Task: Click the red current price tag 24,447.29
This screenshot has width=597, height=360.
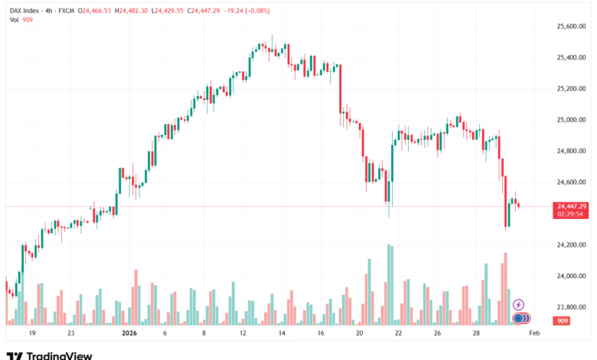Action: pyautogui.click(x=573, y=207)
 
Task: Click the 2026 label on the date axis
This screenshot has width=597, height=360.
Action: pyautogui.click(x=130, y=334)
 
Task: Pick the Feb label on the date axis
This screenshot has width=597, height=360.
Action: pyautogui.click(x=535, y=334)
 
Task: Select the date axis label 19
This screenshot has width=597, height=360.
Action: pyautogui.click(x=32, y=334)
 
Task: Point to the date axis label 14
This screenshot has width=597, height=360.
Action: pyautogui.click(x=282, y=334)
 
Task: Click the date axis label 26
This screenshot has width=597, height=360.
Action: pyautogui.click(x=437, y=334)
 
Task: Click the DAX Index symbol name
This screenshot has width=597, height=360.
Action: pyautogui.click(x=26, y=8)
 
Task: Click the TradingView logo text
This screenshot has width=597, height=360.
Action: pyautogui.click(x=60, y=355)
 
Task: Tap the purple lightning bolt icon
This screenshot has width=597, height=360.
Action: pyautogui.click(x=518, y=305)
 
